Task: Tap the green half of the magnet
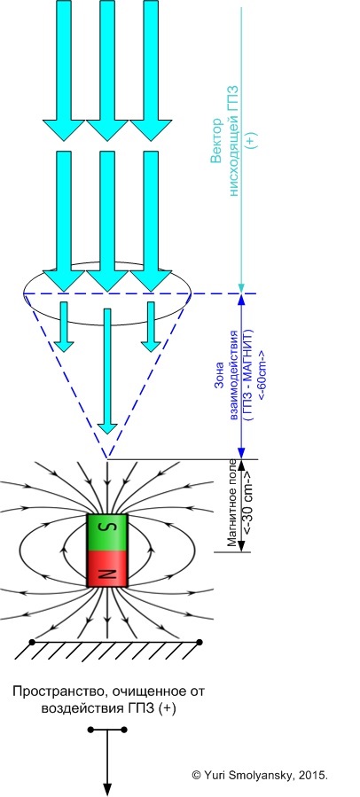[x=107, y=533]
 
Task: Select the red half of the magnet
[x=107, y=569]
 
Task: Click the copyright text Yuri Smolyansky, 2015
[x=260, y=775]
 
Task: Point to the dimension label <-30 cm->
[x=248, y=504]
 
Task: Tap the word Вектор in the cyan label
[x=216, y=141]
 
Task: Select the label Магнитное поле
[x=232, y=504]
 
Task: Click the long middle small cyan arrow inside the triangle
[x=107, y=371]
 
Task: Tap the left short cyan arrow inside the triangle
[x=64, y=326]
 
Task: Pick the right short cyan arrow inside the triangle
[x=151, y=326]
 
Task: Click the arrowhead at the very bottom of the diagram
[x=107, y=788]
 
